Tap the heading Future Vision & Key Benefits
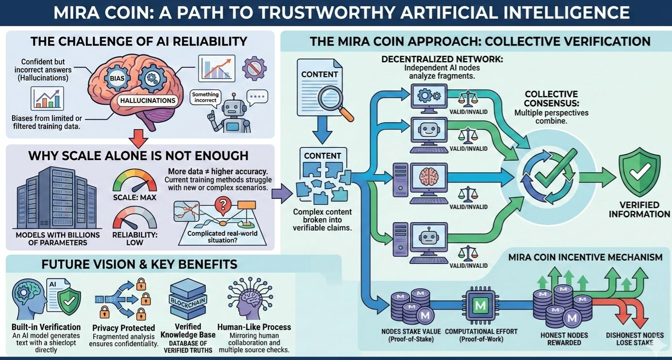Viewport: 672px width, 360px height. (139, 264)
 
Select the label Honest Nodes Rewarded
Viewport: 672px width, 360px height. (564, 339)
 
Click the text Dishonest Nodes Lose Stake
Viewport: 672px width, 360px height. (635, 339)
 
